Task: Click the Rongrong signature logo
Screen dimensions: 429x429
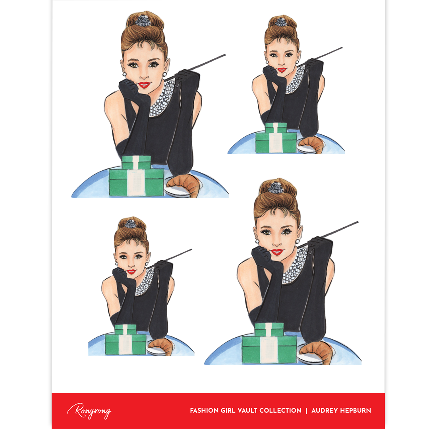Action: coord(89,410)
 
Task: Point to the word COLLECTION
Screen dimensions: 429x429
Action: coord(280,410)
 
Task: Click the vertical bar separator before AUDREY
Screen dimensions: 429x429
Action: coord(306,410)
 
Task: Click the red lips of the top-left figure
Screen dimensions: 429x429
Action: coord(144,85)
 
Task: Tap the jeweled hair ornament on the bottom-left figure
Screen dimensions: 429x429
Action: coord(130,224)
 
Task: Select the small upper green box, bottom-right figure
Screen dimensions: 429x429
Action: coord(269,329)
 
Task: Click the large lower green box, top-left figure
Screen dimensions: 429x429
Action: coord(137,182)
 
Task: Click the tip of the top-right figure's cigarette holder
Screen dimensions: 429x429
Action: coord(342,48)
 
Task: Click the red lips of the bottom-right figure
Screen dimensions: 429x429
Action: coord(277,252)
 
